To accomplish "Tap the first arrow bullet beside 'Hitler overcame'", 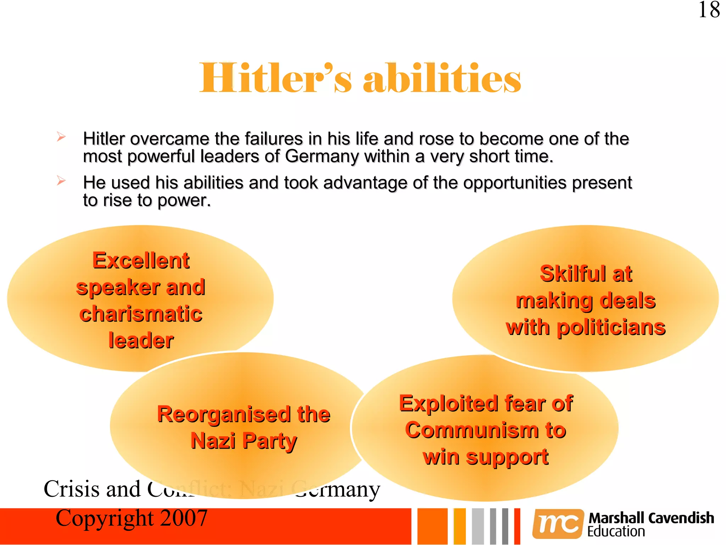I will [61, 137].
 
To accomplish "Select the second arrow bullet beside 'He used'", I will [61, 181].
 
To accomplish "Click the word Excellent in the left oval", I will [141, 260].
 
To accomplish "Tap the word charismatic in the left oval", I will [141, 314].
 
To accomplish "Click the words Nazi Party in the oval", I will [244, 441].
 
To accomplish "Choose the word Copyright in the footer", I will [105, 518].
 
